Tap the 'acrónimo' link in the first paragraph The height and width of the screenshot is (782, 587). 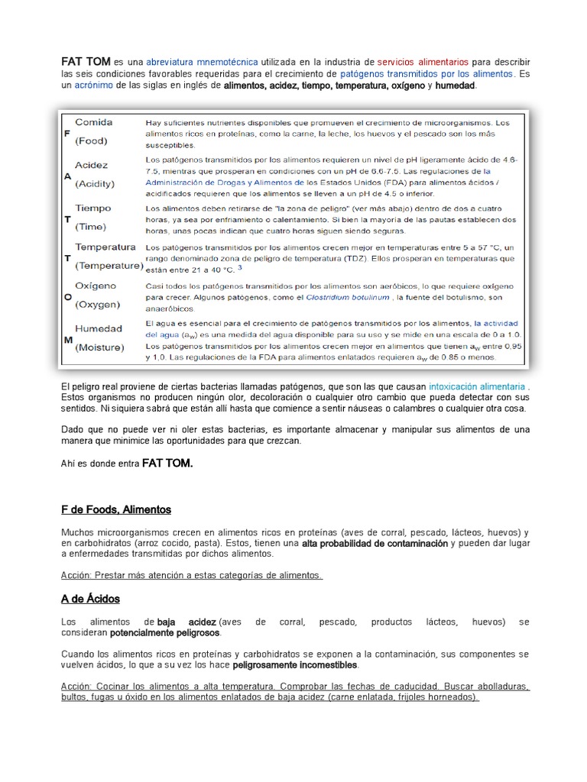point(93,86)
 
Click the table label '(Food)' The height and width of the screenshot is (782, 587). point(91,141)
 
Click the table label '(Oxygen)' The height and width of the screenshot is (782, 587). point(97,304)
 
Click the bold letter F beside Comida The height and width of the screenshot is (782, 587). point(66,131)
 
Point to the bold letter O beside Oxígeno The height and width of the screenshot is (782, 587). point(67,296)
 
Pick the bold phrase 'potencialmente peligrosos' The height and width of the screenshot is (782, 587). point(165,633)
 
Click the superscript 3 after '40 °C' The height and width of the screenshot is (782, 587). point(240,268)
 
